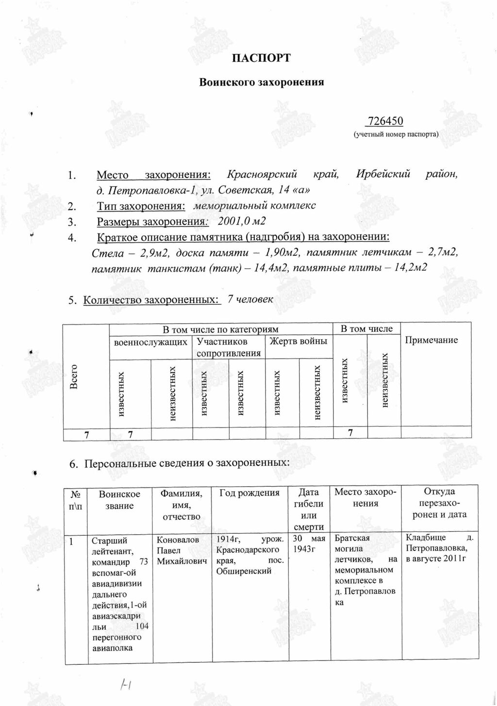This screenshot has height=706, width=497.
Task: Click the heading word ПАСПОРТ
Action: (261, 59)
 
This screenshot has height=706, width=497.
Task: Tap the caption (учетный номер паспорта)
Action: (396, 134)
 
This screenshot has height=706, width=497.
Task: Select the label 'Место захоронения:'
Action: (153, 175)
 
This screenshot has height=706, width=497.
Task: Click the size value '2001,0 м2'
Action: (242, 222)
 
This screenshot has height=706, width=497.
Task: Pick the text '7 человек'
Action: (250, 299)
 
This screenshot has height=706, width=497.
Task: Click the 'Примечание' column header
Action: (431, 340)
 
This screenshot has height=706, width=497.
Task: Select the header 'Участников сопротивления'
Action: (229, 347)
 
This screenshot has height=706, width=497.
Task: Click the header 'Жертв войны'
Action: (298, 341)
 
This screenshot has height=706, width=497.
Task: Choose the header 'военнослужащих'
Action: (150, 342)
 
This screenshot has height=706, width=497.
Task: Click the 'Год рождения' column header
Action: (249, 493)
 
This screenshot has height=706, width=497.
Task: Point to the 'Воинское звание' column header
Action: (119, 500)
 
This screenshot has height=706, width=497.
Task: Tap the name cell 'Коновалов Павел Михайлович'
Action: (182, 550)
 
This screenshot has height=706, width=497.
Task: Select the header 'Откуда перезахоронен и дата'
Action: (439, 503)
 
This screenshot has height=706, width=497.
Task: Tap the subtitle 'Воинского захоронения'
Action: (262, 82)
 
